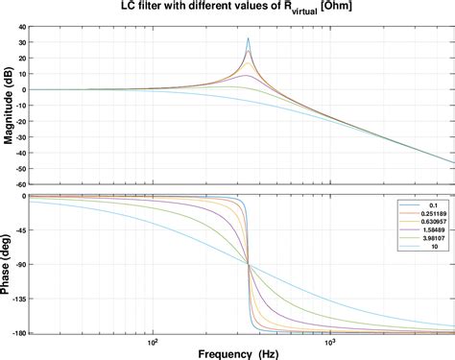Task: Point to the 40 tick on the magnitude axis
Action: click(18, 27)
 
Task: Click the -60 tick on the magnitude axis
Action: click(18, 183)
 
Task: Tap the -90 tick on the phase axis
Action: click(18, 264)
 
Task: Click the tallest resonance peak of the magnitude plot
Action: click(248, 39)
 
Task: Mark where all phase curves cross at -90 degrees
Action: click(249, 264)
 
